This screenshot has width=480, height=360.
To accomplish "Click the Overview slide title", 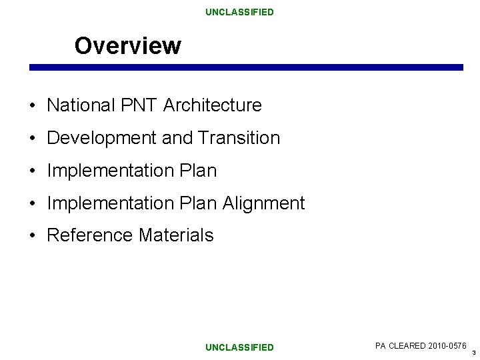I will tap(127, 46).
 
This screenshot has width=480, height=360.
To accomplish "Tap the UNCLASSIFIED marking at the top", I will tap(239, 12).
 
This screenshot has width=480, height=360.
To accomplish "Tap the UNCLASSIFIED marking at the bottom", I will tap(239, 347).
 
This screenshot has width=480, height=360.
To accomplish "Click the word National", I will tap(80, 105).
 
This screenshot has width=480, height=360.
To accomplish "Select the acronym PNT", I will tap(138, 105).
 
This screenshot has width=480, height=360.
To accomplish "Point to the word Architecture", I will tap(212, 105).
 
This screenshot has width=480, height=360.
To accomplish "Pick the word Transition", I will tap(239, 138).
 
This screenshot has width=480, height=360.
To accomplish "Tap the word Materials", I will tap(176, 235).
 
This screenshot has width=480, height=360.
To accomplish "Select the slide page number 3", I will tap(473, 352).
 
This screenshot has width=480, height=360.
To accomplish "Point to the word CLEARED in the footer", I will tap(405, 345).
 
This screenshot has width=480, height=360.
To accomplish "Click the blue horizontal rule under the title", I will tap(245, 67).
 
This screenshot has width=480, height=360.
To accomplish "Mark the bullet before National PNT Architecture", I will tap(32, 106).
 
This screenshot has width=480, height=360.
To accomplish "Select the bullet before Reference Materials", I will tap(32, 236).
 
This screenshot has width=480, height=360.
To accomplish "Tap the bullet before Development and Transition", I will tap(32, 139).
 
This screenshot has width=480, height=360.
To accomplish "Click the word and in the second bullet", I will tap(177, 138).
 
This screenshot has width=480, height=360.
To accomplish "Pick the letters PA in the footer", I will tap(381, 345).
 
